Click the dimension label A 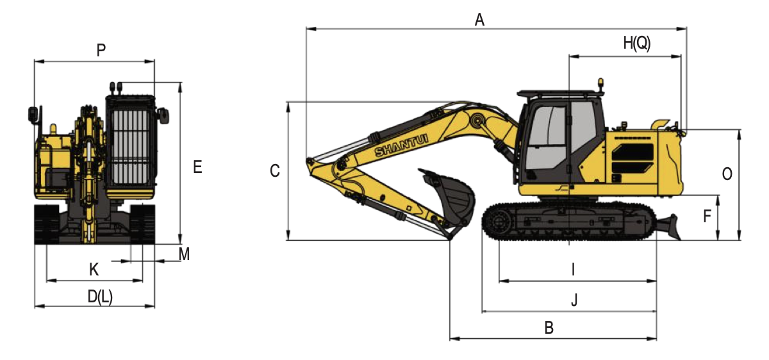click(479, 20)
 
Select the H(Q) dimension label click(637, 44)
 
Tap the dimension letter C click(275, 171)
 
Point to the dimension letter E click(197, 167)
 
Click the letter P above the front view click(101, 50)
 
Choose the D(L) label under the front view click(100, 297)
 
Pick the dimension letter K click(94, 270)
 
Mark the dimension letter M click(184, 254)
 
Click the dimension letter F click(707, 217)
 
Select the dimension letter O click(727, 174)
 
